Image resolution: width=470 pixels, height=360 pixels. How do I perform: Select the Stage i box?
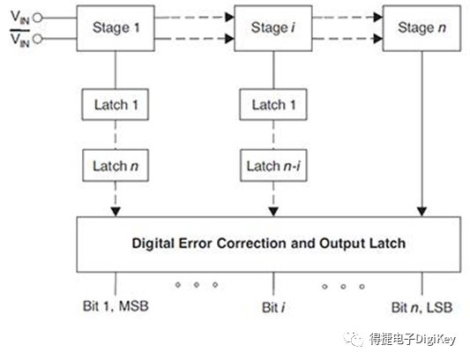coord(270,27)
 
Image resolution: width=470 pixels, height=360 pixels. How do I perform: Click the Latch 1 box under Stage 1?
coord(116,104)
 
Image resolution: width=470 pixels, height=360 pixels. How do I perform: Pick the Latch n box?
coord(116,165)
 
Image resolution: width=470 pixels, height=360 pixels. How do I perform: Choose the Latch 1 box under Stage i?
coord(270,104)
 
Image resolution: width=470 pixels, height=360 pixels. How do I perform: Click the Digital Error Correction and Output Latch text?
coord(269,242)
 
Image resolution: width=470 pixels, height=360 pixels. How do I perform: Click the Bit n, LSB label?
coord(422,307)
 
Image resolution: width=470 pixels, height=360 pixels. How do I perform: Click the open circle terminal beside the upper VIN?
coord(37,15)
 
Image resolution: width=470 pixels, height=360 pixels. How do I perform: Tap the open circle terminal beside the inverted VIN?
coord(37,39)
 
